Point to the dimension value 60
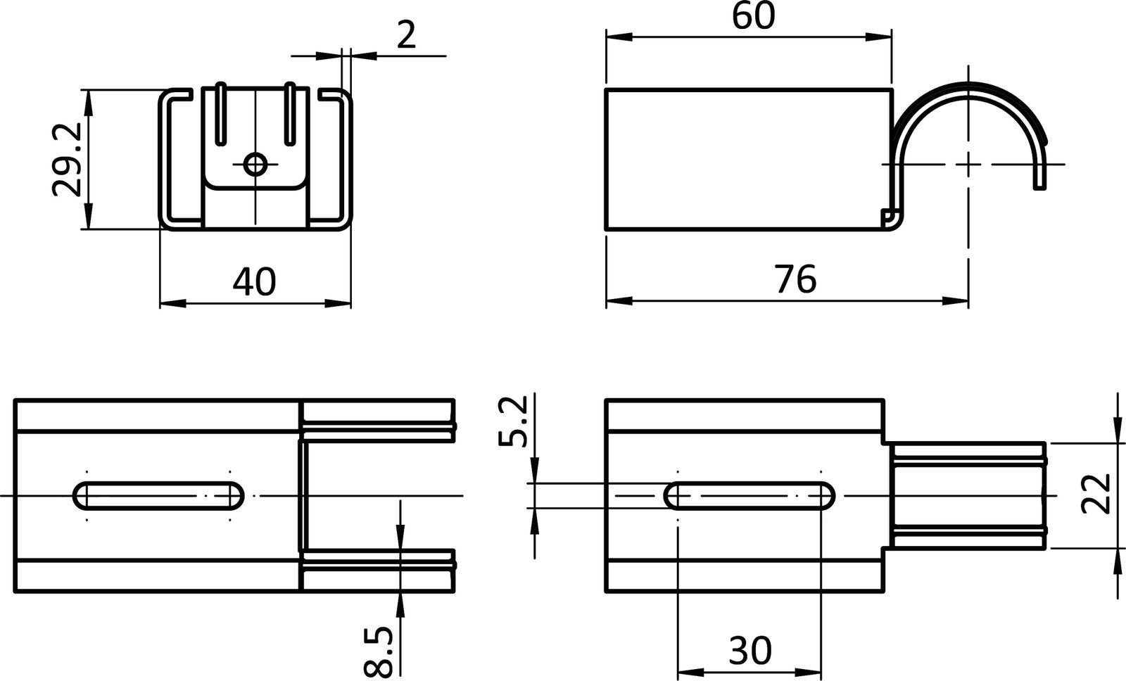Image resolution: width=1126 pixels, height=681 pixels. click(x=753, y=17)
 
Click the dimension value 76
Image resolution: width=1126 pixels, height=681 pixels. click(x=795, y=279)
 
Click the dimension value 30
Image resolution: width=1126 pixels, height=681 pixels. click(x=750, y=651)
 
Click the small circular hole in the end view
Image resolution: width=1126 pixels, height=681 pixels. click(x=255, y=165)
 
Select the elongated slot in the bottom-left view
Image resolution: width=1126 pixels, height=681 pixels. click(x=158, y=496)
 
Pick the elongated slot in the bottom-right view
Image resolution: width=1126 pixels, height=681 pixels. click(x=749, y=496)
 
